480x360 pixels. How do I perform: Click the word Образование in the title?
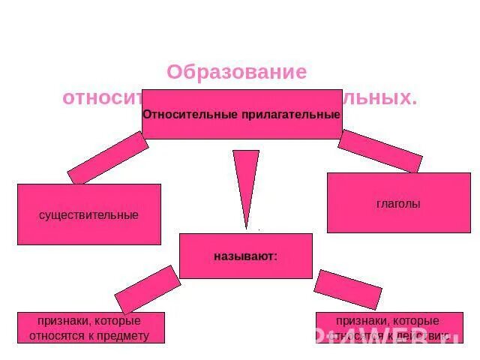(x=236, y=72)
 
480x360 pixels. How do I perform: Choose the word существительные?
(x=88, y=215)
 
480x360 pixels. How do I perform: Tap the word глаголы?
(x=398, y=204)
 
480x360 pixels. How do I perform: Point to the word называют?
(x=245, y=256)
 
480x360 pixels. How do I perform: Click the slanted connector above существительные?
(x=108, y=157)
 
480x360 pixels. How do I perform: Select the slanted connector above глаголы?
(x=379, y=151)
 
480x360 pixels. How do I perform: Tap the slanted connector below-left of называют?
(x=148, y=289)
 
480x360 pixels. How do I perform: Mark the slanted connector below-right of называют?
(x=347, y=289)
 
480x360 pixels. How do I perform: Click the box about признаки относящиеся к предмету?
(x=91, y=328)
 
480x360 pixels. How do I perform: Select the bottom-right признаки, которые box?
(x=389, y=328)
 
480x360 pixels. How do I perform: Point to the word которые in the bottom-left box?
(x=121, y=321)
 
